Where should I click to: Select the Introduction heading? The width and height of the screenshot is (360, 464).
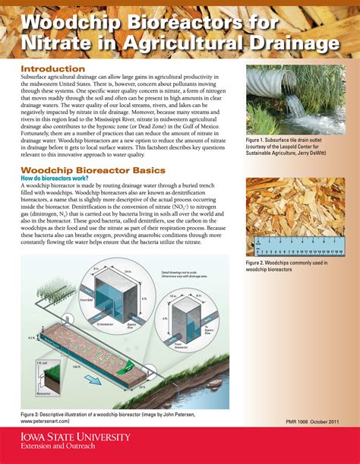point(52,69)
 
